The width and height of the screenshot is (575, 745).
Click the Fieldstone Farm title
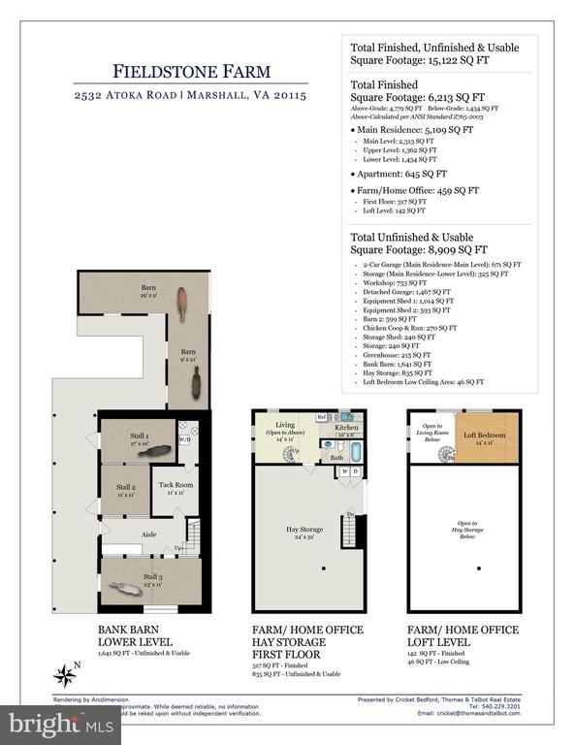point(176,71)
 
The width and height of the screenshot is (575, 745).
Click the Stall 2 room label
point(126,490)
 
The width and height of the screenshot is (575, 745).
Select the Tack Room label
point(176,487)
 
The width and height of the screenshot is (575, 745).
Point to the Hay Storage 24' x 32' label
point(305,533)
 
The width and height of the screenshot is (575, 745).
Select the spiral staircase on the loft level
point(448,453)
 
